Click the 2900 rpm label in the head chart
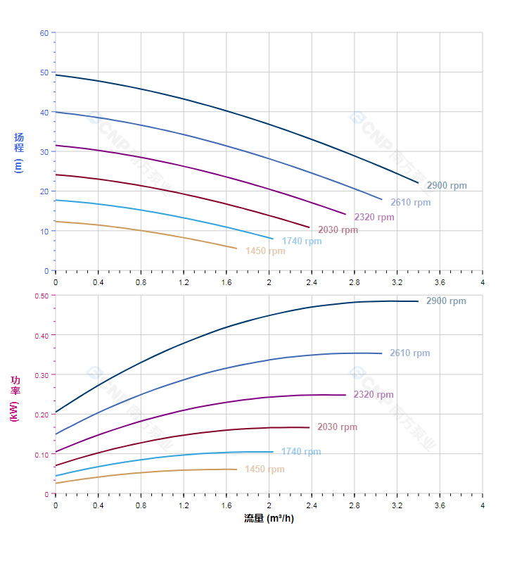coord(446,186)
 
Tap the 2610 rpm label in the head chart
coord(410,203)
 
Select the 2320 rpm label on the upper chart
coord(374,218)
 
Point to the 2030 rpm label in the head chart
coord(338,230)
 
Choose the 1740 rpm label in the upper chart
coord(301,241)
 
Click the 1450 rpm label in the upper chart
coord(265,251)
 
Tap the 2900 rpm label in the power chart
coord(446,301)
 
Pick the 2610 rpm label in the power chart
coord(409,353)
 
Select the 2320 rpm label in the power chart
coord(374,395)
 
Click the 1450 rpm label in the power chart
coord(264,469)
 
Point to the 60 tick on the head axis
coord(44,33)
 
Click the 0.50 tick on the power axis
coord(42,296)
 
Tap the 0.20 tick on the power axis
coord(42,415)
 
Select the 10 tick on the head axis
coord(44,231)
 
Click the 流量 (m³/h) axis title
coord(269,519)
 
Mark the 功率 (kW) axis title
coord(15,399)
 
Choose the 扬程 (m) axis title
coord(19,152)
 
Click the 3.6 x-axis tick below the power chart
coord(440,505)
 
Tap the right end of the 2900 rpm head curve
coord(419,183)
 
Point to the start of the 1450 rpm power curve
coord(56,484)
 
